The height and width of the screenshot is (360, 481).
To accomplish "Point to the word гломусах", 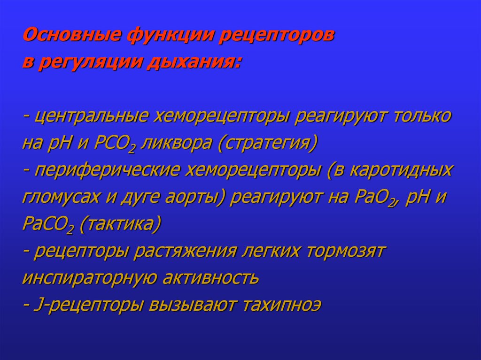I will click(x=59, y=197).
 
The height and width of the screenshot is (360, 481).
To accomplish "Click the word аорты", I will click(x=199, y=197).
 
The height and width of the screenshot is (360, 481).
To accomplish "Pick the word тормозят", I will click(x=346, y=251).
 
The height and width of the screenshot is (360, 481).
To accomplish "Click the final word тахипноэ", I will click(x=282, y=305).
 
